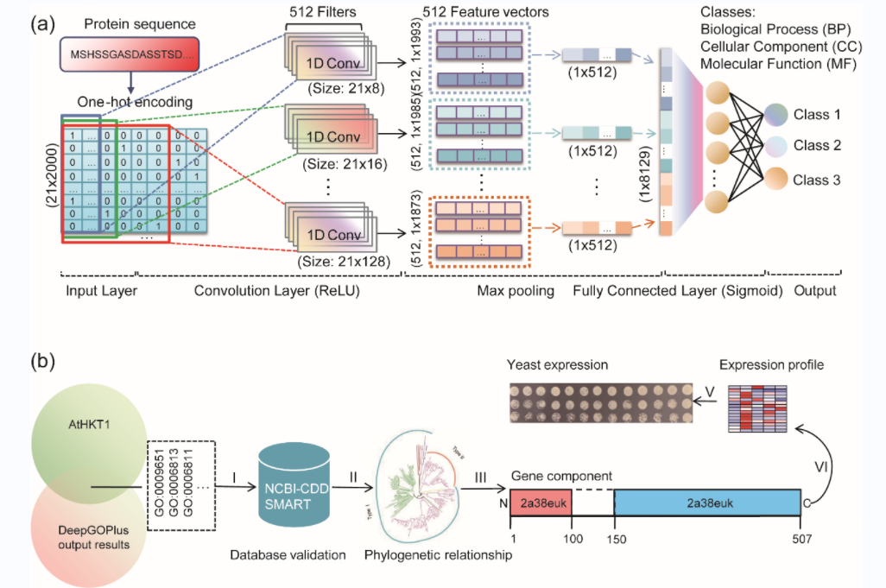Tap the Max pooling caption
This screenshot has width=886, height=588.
click(x=516, y=291)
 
